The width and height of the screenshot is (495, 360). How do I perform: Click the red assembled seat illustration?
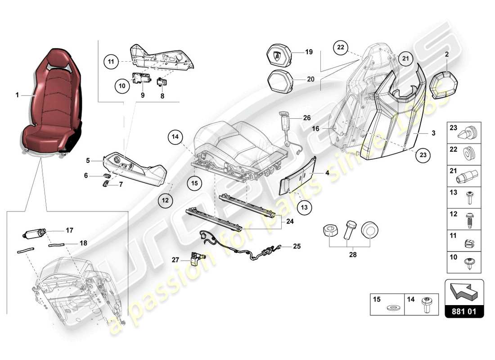pos(53,101)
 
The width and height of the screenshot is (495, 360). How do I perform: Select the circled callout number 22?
pos(341,48)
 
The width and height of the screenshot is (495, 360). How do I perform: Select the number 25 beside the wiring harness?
pos(297,246)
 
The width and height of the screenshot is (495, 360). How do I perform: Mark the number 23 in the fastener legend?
pos(454,128)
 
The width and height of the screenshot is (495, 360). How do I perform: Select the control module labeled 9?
pos(142,80)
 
